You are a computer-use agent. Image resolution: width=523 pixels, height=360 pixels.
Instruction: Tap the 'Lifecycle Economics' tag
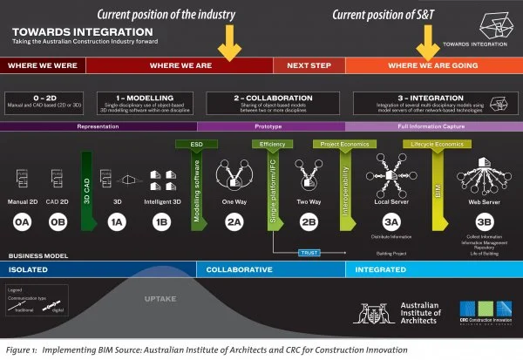click(408, 143)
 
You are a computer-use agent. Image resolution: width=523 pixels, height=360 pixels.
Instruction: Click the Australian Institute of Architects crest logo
click(377, 312)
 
